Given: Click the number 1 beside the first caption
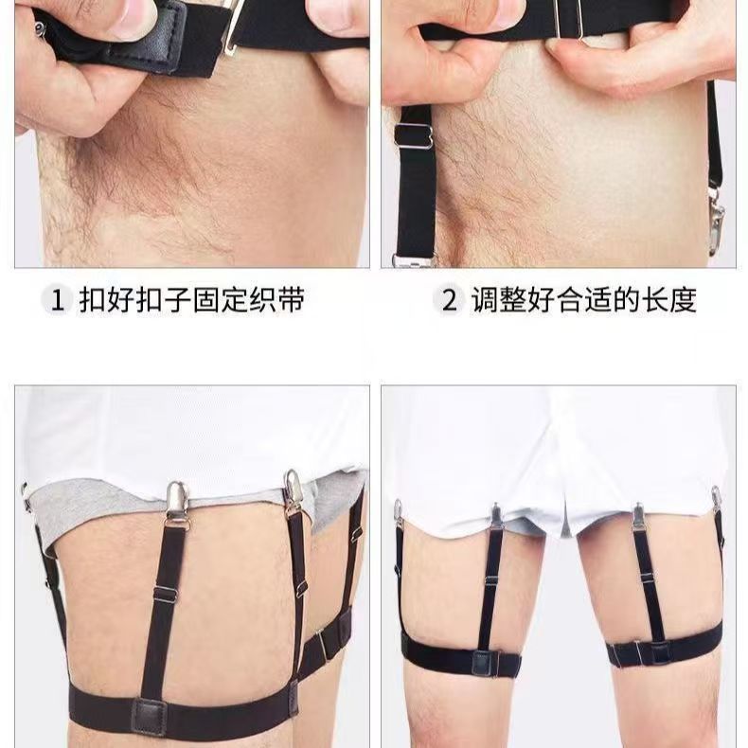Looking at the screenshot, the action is tap(57, 301).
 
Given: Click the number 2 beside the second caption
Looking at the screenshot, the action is tap(449, 301).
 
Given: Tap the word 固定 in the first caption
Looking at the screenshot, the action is tap(221, 300).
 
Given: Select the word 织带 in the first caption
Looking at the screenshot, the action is tap(276, 300).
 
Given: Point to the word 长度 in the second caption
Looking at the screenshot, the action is tap(669, 300).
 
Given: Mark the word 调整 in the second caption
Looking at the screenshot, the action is tap(499, 300).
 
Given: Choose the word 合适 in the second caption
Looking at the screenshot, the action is tap(584, 300).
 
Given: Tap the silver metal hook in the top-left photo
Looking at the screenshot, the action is tap(235, 27).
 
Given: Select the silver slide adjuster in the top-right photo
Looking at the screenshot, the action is tap(414, 137).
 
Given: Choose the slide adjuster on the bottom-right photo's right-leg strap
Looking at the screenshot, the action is tap(647, 579).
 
